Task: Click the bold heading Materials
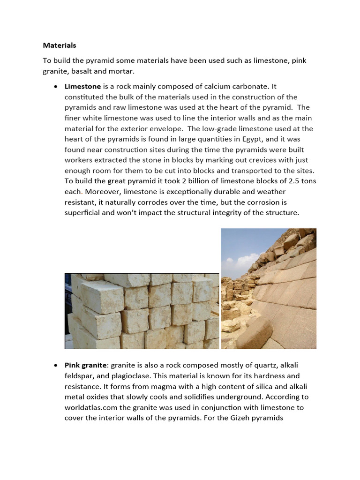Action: click(60, 45)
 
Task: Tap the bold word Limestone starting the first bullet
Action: click(82, 86)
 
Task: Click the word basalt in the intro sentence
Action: click(82, 71)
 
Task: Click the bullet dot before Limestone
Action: click(56, 87)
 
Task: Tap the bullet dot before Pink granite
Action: click(56, 366)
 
